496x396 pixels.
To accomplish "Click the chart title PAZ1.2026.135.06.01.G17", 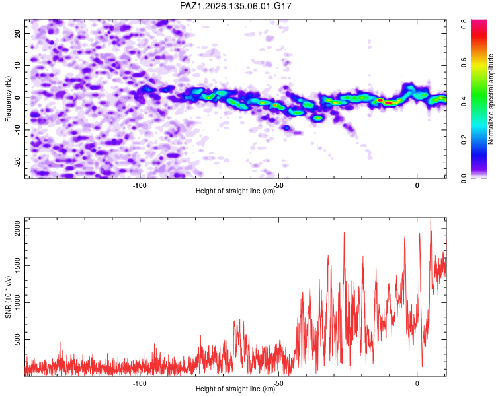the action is tap(235, 6).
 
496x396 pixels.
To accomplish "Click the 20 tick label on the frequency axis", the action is tap(17, 33).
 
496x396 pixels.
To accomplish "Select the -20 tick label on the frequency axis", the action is tap(17, 162).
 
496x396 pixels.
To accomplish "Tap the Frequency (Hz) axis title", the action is tap(8, 99).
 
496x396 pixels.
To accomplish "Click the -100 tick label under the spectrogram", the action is tap(140, 185).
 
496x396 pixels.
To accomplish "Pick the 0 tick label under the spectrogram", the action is tap(417, 185).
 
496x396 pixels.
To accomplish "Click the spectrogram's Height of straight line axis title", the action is tap(235, 191).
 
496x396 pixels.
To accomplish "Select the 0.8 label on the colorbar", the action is tap(464, 24).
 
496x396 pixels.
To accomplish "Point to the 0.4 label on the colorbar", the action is tap(464, 102).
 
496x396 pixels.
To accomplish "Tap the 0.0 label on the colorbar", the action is tap(464, 178).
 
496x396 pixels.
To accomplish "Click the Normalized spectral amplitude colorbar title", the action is tap(491, 99).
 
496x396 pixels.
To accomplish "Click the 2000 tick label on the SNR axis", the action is tap(17, 228).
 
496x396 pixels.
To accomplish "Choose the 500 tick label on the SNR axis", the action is tap(17, 339).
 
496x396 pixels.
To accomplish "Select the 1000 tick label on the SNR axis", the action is tap(17, 302).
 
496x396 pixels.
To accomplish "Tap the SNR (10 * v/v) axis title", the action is tap(8, 297).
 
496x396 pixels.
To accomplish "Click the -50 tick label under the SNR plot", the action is tap(278, 383).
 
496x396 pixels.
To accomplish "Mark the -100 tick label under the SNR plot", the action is tap(140, 383).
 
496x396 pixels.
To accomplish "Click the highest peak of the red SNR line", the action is tap(431, 218).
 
